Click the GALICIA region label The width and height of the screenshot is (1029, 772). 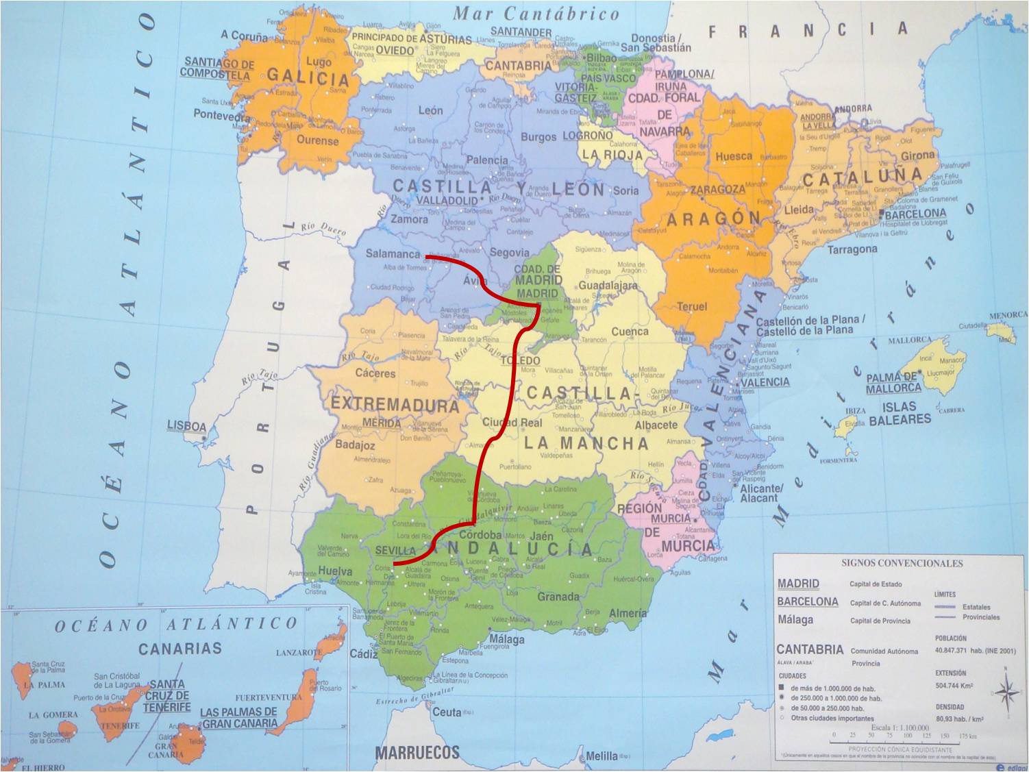pyautogui.click(x=308, y=76)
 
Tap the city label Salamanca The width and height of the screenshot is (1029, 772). pyautogui.click(x=392, y=253)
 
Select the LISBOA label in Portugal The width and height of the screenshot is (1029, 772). pyautogui.click(x=186, y=426)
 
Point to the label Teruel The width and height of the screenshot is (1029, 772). pyautogui.click(x=691, y=306)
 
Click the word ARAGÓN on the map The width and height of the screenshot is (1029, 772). pyautogui.click(x=714, y=219)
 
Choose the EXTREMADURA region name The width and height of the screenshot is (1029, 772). pyautogui.click(x=395, y=404)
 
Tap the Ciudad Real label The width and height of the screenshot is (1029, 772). pyautogui.click(x=511, y=422)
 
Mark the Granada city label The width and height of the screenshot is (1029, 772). pyautogui.click(x=558, y=597)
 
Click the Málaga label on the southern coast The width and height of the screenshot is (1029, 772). pyautogui.click(x=508, y=639)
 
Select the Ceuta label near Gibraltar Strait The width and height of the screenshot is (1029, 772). pyautogui.click(x=446, y=712)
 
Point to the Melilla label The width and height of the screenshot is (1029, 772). pyautogui.click(x=602, y=756)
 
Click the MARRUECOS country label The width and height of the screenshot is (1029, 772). pyautogui.click(x=417, y=751)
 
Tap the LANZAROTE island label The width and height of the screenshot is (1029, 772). pyautogui.click(x=299, y=652)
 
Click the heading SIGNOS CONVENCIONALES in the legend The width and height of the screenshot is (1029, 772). pyautogui.click(x=902, y=564)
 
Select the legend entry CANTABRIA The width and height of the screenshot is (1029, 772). pyautogui.click(x=810, y=649)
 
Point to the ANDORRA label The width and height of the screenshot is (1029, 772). pyautogui.click(x=853, y=108)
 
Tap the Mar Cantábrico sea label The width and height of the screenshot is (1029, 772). pyautogui.click(x=536, y=13)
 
